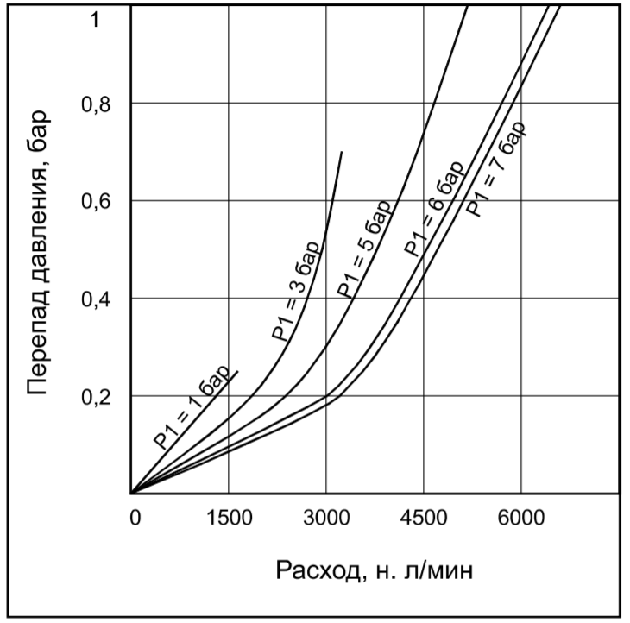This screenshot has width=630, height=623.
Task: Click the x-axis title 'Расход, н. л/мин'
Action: pos(375,570)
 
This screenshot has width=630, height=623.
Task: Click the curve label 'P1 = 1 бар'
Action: pos(192,406)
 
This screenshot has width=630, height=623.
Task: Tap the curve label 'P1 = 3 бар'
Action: pos(296,295)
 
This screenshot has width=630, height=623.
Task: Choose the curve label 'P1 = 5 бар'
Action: pos(364,247)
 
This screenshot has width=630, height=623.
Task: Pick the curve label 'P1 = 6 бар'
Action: pos(434,208)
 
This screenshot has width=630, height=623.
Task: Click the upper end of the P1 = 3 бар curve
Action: pos(342,152)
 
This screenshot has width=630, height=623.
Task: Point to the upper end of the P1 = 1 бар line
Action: pos(237,371)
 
